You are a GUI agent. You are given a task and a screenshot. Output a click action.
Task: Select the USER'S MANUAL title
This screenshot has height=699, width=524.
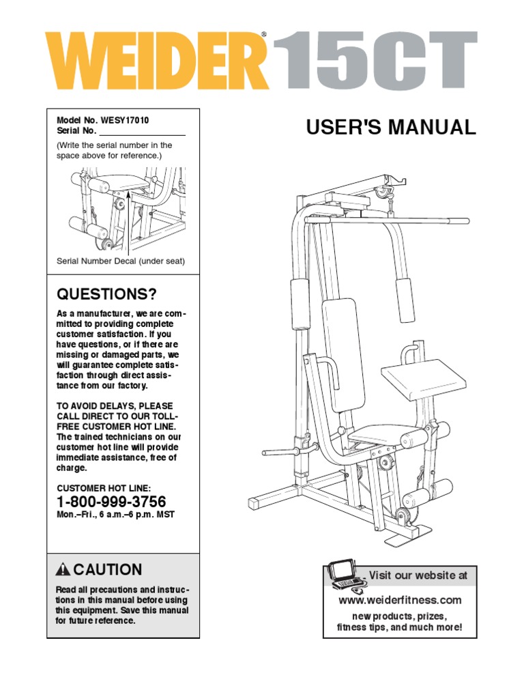(391, 128)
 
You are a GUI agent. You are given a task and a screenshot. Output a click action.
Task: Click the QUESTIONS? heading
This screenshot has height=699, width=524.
(106, 294)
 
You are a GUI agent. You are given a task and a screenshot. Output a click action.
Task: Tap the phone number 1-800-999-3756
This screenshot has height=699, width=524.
(111, 502)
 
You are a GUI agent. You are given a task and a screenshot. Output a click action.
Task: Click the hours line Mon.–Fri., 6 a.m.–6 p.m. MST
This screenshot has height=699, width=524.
(115, 515)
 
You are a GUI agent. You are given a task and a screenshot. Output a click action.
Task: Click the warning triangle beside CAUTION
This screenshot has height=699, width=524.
(63, 570)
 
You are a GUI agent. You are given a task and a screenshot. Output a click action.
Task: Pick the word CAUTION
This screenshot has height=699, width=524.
(108, 570)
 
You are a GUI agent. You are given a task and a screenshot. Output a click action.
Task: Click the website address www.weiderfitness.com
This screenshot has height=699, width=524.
(400, 600)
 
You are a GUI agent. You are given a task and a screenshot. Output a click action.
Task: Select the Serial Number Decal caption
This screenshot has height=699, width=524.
(120, 261)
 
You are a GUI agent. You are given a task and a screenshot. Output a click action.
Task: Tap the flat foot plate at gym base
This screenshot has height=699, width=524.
(407, 538)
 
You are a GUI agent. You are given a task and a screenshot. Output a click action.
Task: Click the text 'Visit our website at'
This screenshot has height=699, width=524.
(418, 575)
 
